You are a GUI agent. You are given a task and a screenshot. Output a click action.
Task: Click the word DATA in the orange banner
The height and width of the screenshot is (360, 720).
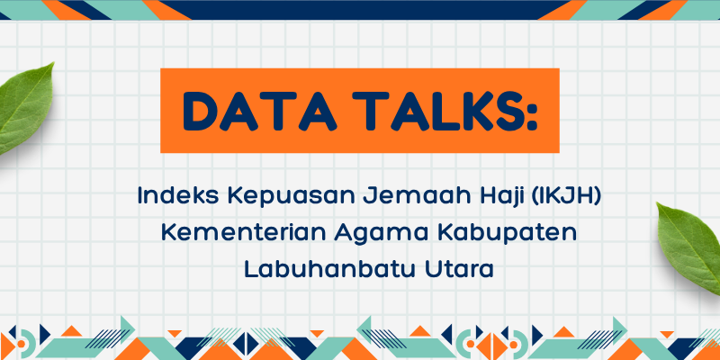click(x=261, y=111)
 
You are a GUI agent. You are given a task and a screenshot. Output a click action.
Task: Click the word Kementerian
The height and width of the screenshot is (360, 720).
click(x=242, y=233)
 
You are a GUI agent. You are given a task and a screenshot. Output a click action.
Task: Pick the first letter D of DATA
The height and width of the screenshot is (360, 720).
click(x=199, y=111)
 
